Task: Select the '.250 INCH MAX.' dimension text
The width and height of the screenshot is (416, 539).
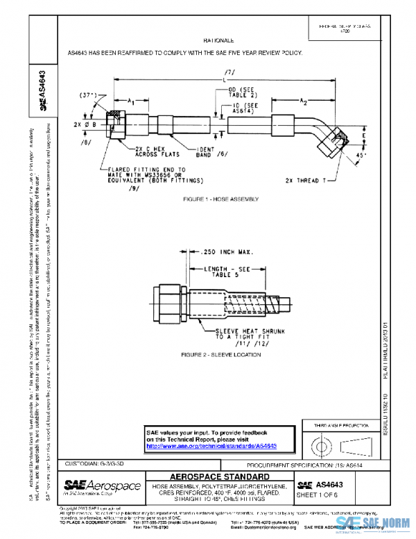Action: coord(223,251)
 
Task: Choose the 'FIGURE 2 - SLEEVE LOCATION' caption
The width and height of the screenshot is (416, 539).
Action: coord(220,355)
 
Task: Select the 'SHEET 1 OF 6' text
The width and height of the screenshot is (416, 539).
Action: coord(316,495)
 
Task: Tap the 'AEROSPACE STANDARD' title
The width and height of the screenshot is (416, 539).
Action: coord(220,476)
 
